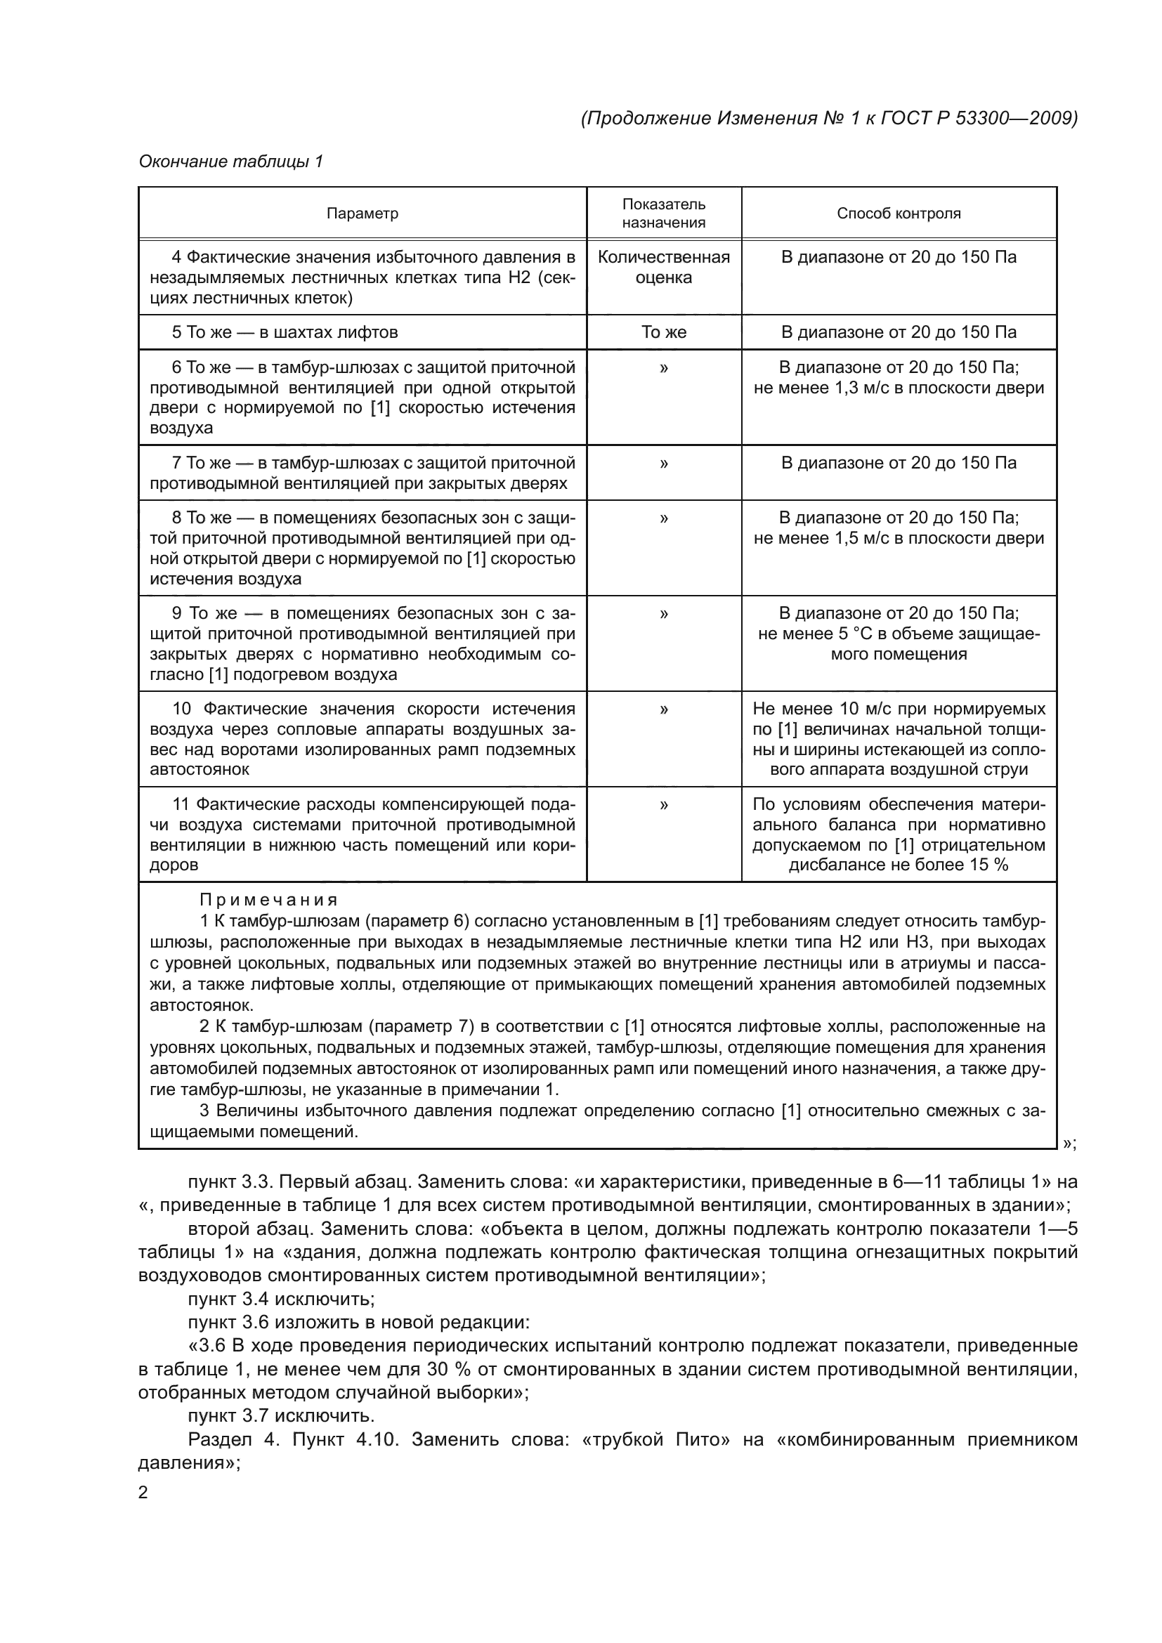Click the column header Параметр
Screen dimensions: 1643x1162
tap(362, 214)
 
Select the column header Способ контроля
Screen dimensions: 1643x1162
tap(899, 214)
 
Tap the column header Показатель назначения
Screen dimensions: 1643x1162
tap(663, 214)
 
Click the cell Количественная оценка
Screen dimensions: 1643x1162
tap(663, 267)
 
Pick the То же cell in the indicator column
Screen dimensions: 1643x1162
tap(663, 332)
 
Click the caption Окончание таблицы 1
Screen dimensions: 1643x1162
tap(230, 162)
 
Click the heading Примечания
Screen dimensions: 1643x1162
tap(268, 900)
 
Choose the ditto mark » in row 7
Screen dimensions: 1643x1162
tap(663, 464)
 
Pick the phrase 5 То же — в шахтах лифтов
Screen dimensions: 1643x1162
tap(285, 332)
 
